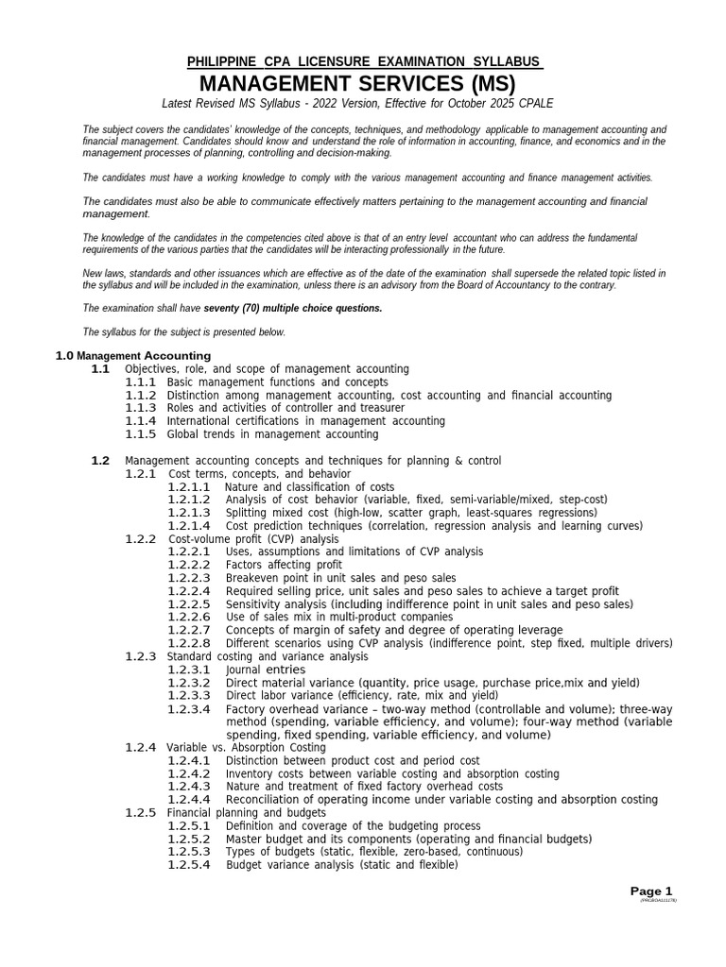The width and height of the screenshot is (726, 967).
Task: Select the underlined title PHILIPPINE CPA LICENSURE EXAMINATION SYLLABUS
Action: (365, 61)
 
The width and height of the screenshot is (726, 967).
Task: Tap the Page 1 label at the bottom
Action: (651, 891)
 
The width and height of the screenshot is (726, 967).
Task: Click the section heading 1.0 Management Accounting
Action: (132, 355)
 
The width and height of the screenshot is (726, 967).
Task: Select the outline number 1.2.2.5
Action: (190, 604)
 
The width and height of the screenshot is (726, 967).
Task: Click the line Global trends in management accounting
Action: (272, 434)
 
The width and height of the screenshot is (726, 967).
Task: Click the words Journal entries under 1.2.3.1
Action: (266, 670)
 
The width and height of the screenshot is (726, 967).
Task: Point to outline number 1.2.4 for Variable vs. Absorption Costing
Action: (141, 747)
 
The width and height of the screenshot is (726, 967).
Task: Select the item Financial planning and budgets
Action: (247, 812)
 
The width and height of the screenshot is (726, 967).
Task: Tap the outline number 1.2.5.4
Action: (190, 865)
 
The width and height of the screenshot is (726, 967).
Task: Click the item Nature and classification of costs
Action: (310, 486)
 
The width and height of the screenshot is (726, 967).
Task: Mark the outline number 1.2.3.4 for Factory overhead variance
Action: (190, 708)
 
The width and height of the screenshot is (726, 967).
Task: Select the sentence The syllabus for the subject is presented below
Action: (183, 331)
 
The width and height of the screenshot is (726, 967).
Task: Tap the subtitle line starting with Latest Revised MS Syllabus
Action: (357, 102)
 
